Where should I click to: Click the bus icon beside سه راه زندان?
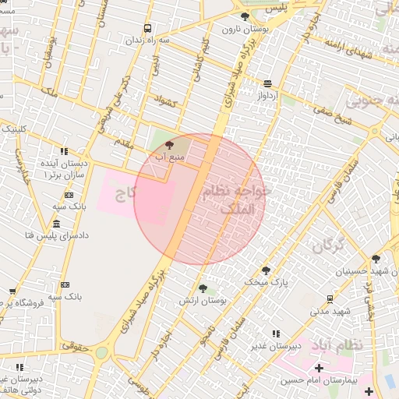click(x=127, y=38)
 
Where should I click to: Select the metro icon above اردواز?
click(x=268, y=83)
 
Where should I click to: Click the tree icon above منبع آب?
click(x=170, y=146)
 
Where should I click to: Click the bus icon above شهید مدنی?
click(x=330, y=298)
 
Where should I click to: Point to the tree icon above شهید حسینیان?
click(x=376, y=259)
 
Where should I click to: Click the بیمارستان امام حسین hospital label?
click(x=319, y=380)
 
